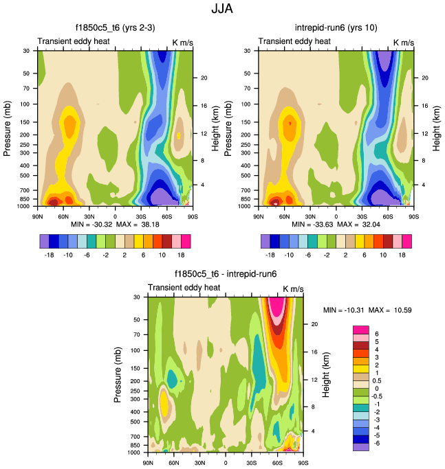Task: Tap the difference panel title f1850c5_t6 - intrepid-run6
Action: click(x=226, y=274)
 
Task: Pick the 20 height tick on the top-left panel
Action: click(x=204, y=78)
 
